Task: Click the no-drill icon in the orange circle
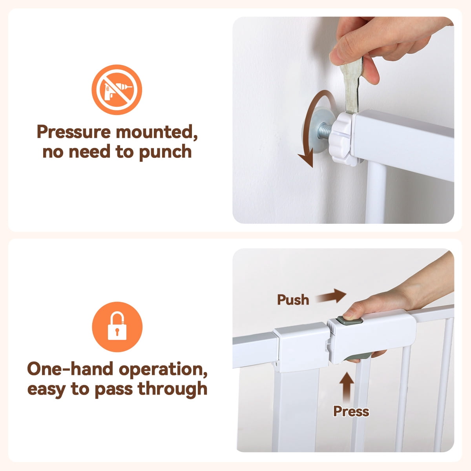pos(117,89)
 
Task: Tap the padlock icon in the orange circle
pos(117,327)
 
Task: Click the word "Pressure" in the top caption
pos(73,131)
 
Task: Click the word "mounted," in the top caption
pos(157,132)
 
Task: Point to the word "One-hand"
pos(70,369)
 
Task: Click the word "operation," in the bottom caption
pos(163,369)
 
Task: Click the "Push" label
pos(293,299)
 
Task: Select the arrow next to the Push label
pos(331,296)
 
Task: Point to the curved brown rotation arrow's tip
pos(311,167)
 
